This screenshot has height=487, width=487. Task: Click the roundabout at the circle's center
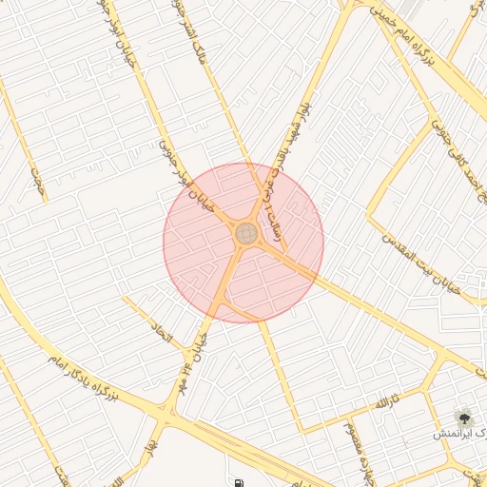tap(245, 233)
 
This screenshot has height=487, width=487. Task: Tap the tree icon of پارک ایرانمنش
tap(465, 417)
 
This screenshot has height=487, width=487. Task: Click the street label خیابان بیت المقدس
tap(425, 263)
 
